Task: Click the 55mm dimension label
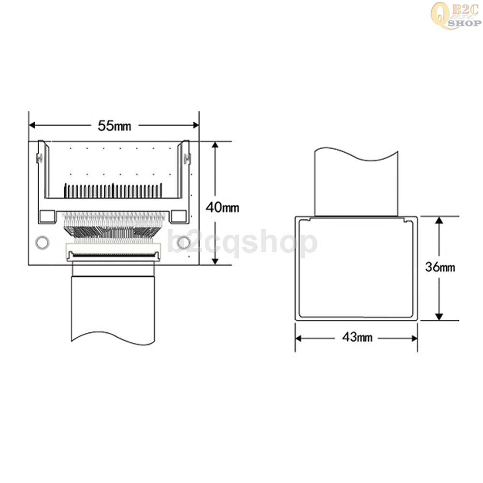pyautogui.click(x=114, y=126)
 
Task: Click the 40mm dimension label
pyautogui.click(x=222, y=207)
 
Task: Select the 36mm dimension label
pyautogui.click(x=440, y=267)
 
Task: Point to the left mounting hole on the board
pyautogui.click(x=42, y=242)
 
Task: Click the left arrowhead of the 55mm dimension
pyautogui.click(x=32, y=125)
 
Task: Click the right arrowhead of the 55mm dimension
pyautogui.click(x=195, y=125)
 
